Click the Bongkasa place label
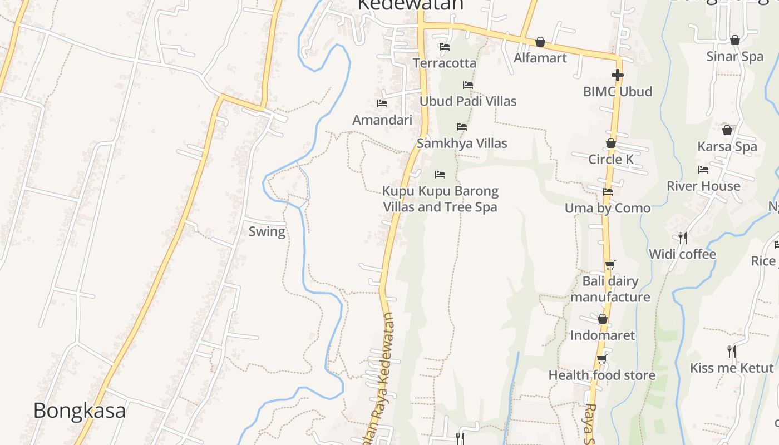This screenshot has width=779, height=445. click(79, 411)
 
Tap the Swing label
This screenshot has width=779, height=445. click(267, 231)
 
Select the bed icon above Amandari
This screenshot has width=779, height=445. click(382, 103)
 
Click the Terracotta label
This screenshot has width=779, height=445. click(444, 63)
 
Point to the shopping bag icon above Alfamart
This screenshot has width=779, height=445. click(540, 42)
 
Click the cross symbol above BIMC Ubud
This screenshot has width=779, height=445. click(617, 75)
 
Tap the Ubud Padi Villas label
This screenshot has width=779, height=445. click(467, 101)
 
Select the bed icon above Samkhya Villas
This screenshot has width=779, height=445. click(461, 127)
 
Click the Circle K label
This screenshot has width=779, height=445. click(610, 160)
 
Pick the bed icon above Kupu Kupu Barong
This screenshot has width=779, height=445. click(440, 175)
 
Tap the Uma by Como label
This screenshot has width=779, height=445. click(607, 209)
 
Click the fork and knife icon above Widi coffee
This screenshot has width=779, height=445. click(682, 238)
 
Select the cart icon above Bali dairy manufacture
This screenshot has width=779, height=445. click(610, 265)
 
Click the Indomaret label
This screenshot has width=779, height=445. click(602, 335)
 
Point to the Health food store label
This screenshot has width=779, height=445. click(601, 375)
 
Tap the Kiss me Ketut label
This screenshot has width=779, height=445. click(731, 368)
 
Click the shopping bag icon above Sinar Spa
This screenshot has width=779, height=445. click(734, 40)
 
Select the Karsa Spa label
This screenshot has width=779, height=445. click(727, 147)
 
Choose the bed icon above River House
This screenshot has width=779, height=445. click(703, 170)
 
